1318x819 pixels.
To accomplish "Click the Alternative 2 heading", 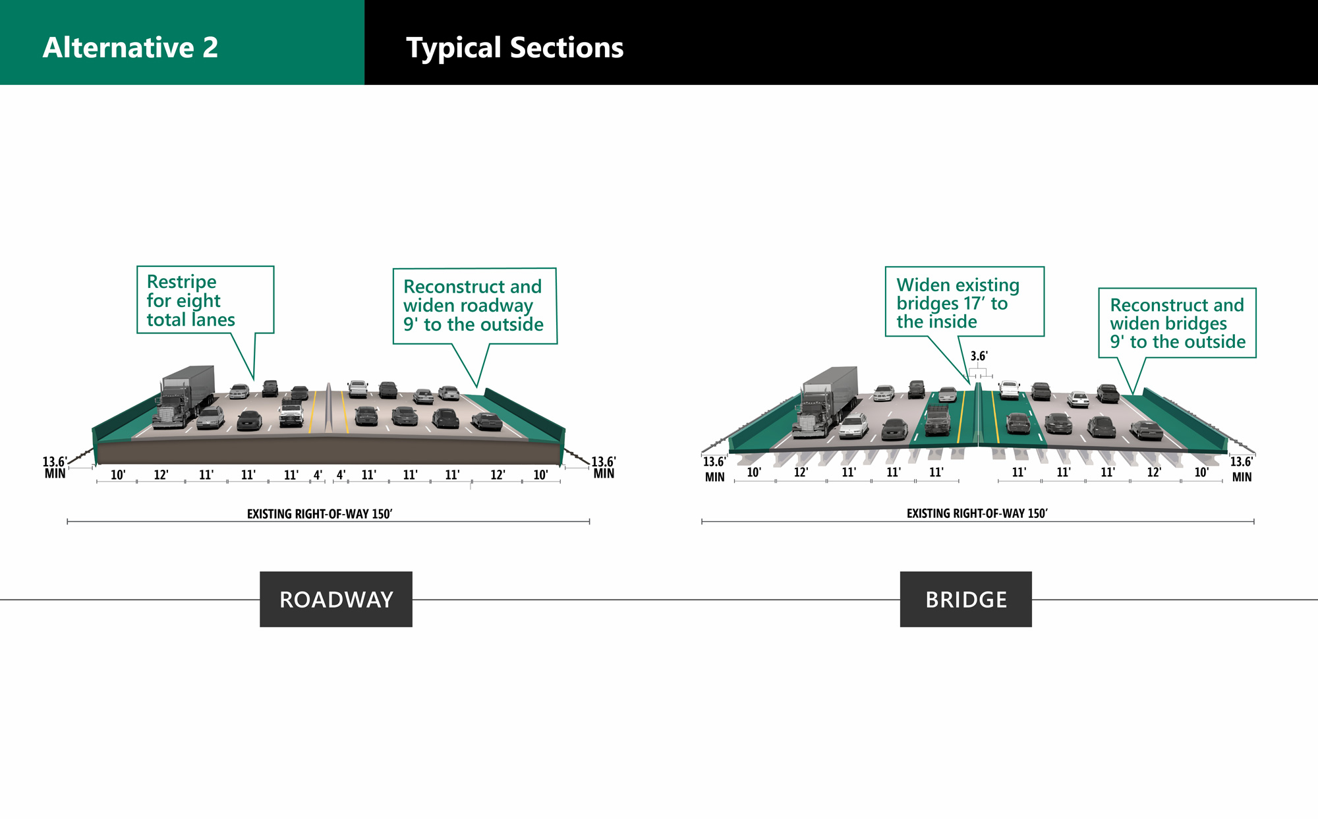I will pyautogui.click(x=130, y=47).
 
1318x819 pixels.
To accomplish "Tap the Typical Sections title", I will pyautogui.click(x=514, y=47).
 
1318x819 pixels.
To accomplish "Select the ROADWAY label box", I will pyautogui.click(x=335, y=599).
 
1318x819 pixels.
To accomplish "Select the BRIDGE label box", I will pyautogui.click(x=965, y=599).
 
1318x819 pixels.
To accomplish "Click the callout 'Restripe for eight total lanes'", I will pyautogui.click(x=204, y=300).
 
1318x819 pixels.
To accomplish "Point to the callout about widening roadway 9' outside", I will pyautogui.click(x=474, y=306).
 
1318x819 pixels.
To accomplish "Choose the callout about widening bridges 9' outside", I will pyautogui.click(x=1177, y=324).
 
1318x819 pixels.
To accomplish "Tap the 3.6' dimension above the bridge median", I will pyautogui.click(x=979, y=356).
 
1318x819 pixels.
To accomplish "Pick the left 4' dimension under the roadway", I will pyautogui.click(x=318, y=475).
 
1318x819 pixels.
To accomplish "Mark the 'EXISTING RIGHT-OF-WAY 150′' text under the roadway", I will pyautogui.click(x=320, y=514).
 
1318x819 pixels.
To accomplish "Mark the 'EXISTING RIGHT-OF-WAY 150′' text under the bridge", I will pyautogui.click(x=977, y=513).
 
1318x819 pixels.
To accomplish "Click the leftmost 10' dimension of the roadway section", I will pyautogui.click(x=118, y=475).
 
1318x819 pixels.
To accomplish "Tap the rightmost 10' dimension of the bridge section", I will pyautogui.click(x=1201, y=472).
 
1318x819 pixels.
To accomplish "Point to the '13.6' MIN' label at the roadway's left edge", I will pyautogui.click(x=55, y=467).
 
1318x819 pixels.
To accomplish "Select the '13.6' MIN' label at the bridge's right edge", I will pyautogui.click(x=1242, y=469).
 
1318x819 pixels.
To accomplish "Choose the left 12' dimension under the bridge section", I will pyautogui.click(x=801, y=472).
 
